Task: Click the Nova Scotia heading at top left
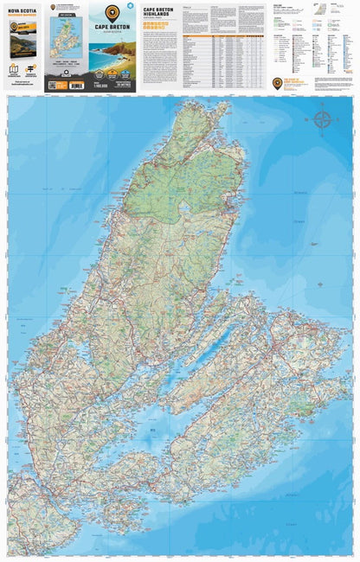[23, 13]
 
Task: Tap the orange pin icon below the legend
[277, 83]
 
